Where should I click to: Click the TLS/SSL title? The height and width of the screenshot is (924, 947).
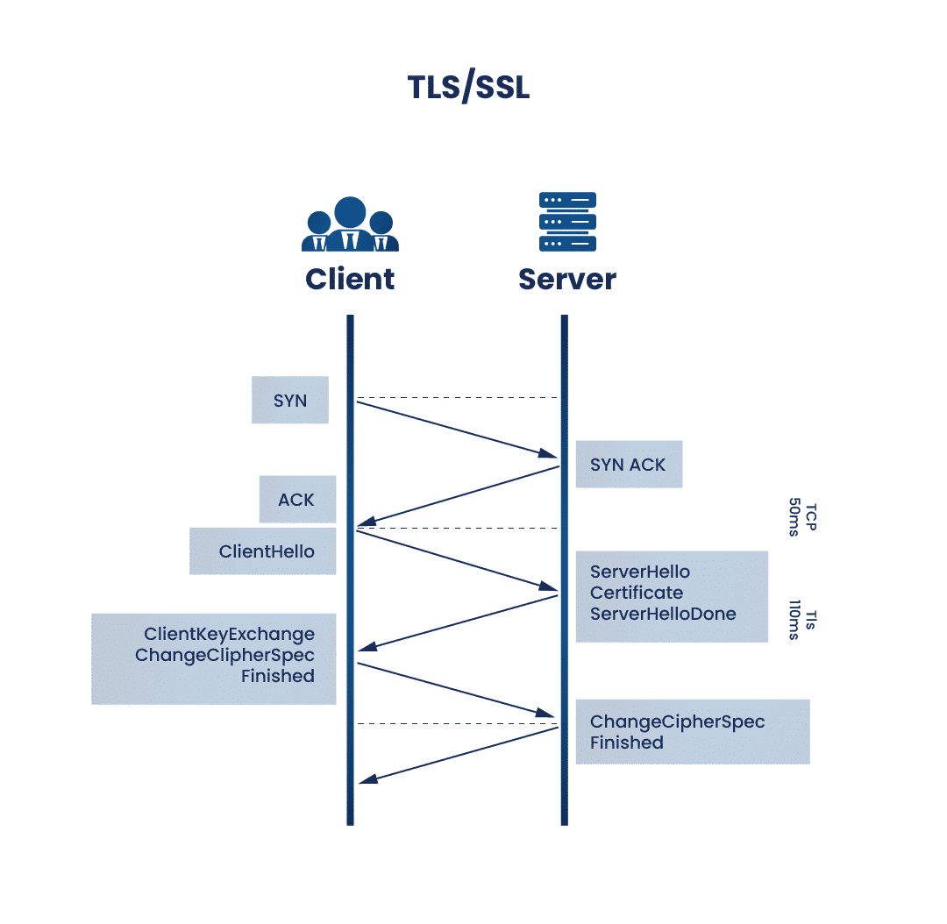[468, 88]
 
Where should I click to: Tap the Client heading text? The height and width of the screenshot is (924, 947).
[350, 279]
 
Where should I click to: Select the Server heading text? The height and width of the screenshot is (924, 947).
[566, 279]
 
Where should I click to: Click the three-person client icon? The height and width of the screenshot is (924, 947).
[350, 224]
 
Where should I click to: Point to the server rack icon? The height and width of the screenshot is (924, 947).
[567, 222]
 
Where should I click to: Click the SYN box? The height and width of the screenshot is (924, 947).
[290, 401]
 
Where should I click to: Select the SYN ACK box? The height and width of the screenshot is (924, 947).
[629, 465]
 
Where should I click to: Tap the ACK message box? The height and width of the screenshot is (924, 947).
[297, 500]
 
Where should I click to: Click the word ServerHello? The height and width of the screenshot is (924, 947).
[640, 572]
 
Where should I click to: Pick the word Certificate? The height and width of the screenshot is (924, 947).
[637, 593]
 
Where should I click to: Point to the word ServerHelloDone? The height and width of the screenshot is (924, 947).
[663, 614]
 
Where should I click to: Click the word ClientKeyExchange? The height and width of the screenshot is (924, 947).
[230, 634]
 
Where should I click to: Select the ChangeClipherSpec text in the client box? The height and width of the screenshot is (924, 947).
[224, 655]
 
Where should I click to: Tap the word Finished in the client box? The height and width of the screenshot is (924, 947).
[278, 676]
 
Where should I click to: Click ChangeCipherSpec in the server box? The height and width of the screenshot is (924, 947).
[677, 721]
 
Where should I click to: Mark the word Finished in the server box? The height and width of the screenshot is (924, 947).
[626, 743]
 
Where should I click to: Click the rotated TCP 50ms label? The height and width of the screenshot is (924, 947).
[802, 519]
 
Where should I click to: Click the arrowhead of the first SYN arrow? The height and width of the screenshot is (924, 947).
[551, 454]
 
